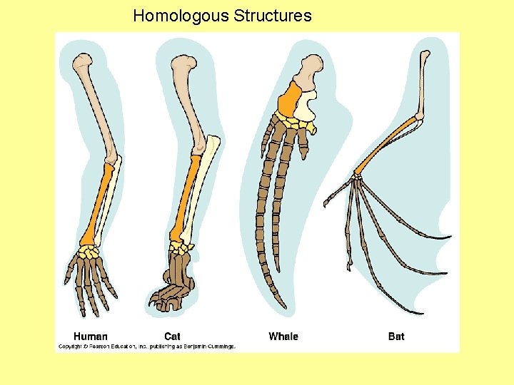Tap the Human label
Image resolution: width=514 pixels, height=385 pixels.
pos(91,336)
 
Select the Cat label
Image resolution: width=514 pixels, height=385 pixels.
pos(172,336)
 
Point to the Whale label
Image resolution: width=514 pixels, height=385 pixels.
pos(283,336)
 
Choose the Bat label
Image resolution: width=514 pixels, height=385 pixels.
pos(396,336)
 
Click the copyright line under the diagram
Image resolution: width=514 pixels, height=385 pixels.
pos(146,347)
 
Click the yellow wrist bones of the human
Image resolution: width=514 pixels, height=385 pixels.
pos(89,251)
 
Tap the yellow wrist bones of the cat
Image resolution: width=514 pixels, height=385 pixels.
pos(181,247)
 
